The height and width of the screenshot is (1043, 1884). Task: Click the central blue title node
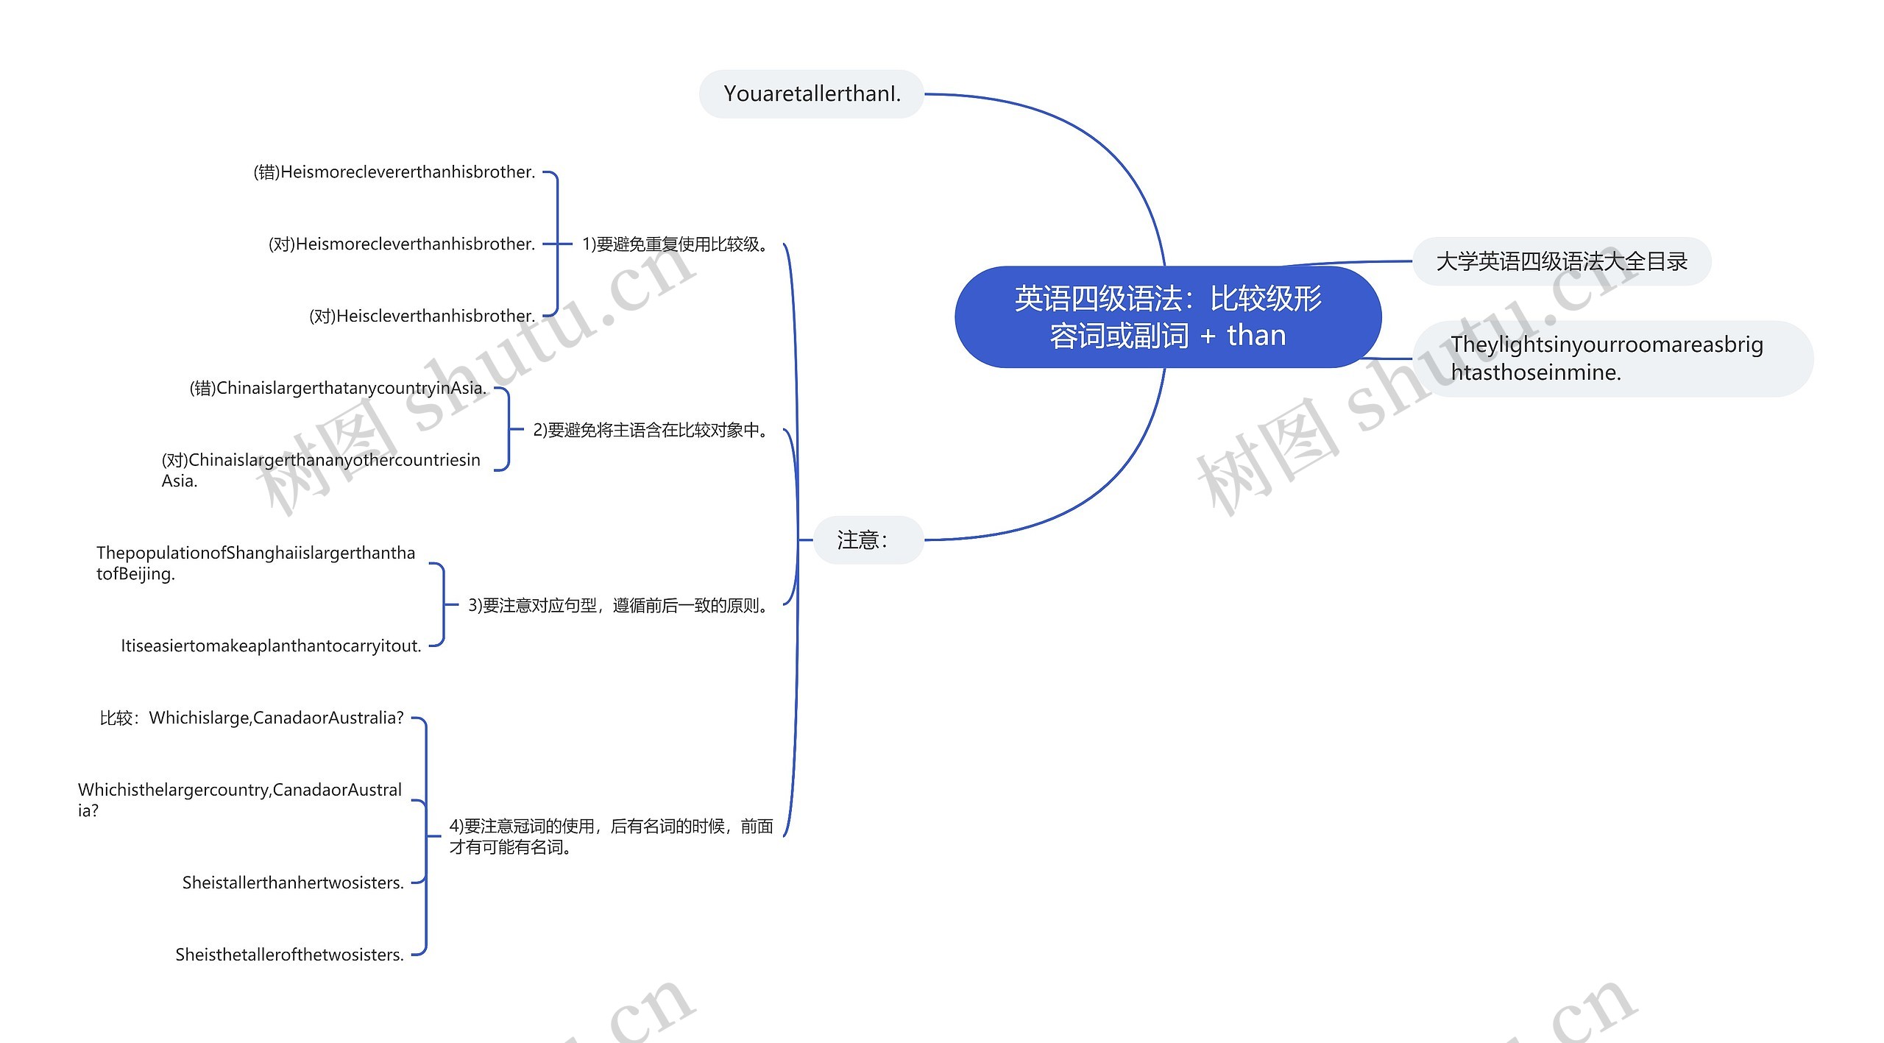(x=1168, y=317)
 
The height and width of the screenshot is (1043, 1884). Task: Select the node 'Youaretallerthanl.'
(x=812, y=94)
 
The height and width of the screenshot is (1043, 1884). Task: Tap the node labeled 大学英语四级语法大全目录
(x=1562, y=261)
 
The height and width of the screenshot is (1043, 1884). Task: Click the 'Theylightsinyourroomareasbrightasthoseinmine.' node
(x=1612, y=358)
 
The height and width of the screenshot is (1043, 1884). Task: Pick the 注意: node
(x=868, y=540)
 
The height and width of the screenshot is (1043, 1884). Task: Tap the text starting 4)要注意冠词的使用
(x=611, y=836)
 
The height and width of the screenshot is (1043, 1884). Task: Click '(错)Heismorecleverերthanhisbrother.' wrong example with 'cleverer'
(x=394, y=172)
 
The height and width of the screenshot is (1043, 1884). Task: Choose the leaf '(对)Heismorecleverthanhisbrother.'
(x=402, y=244)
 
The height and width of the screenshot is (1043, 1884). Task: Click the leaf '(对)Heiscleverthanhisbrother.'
(x=422, y=316)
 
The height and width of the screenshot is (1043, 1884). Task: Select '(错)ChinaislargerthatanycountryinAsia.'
(x=339, y=388)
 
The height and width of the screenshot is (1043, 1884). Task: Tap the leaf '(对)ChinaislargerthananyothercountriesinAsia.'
(x=321, y=470)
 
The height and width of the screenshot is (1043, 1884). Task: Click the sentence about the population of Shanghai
(x=256, y=563)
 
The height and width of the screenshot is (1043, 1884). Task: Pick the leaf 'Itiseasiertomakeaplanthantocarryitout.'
(x=271, y=646)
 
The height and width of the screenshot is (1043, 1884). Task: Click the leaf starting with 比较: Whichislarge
(x=252, y=718)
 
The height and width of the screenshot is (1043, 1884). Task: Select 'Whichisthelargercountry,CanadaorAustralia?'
(x=240, y=799)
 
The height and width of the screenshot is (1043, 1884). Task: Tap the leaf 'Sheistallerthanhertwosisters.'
(x=293, y=883)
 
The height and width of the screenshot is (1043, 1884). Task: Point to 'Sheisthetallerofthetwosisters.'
(x=289, y=955)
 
